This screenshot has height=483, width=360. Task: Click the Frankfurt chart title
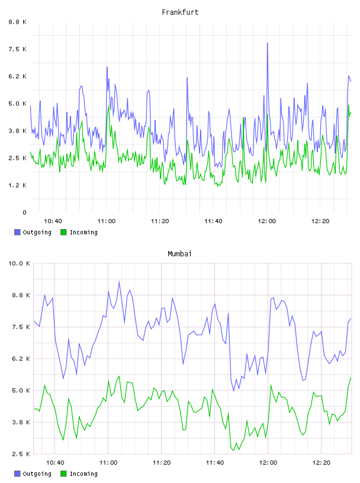click(x=180, y=12)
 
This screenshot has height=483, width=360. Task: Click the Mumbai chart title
click(x=179, y=254)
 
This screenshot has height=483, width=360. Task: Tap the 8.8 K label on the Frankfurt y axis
click(x=18, y=22)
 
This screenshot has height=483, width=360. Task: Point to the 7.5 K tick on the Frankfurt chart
click(x=18, y=49)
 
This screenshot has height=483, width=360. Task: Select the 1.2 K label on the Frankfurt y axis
click(x=18, y=185)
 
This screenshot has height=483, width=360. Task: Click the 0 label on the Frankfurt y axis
click(x=25, y=212)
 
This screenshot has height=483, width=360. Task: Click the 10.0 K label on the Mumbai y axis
click(x=19, y=263)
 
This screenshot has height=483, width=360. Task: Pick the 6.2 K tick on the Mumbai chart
click(x=21, y=359)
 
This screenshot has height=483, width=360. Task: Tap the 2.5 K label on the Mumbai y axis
click(x=21, y=454)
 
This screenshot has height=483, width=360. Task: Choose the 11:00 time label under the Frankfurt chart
click(x=107, y=221)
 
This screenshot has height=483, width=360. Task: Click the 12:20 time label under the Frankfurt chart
click(x=320, y=221)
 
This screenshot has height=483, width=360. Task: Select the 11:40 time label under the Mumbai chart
click(x=215, y=463)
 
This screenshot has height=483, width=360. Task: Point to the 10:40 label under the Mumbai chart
click(x=55, y=463)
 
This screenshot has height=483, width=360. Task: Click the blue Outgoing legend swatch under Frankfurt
click(x=17, y=232)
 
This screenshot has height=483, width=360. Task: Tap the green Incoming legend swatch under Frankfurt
click(x=63, y=232)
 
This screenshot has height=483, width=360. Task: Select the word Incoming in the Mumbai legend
click(x=83, y=474)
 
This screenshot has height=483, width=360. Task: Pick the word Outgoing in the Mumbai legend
click(x=37, y=474)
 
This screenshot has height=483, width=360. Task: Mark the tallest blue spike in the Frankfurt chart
click(x=267, y=43)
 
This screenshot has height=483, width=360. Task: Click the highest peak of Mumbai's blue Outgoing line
click(x=119, y=281)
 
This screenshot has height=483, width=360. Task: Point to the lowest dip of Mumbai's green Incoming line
click(x=234, y=450)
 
